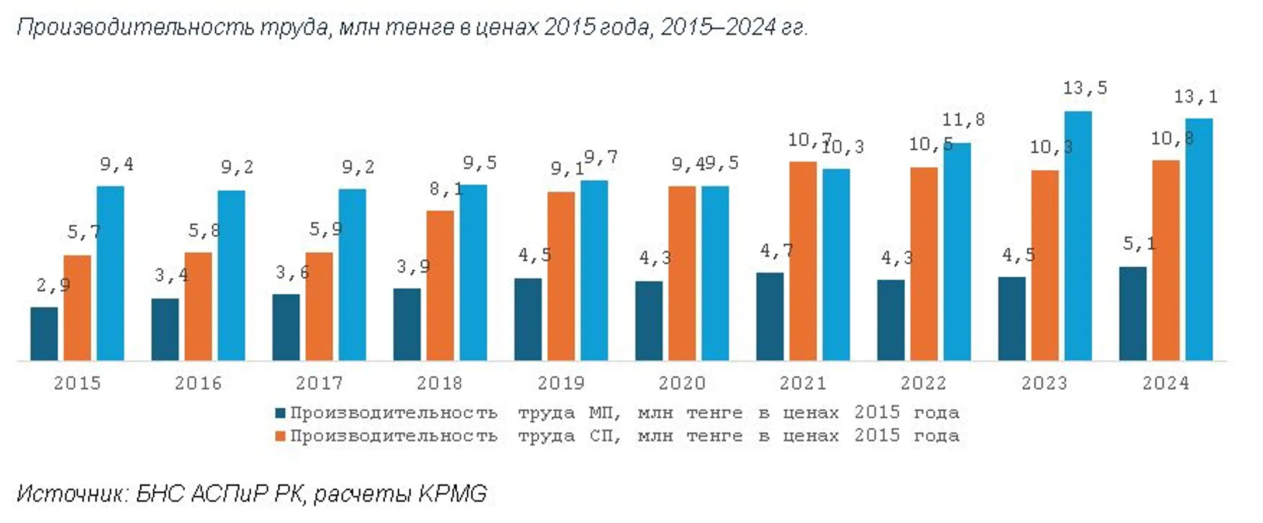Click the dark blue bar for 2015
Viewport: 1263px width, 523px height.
tap(44, 333)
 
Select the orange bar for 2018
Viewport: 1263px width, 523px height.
tap(440, 285)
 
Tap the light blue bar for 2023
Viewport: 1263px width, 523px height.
tap(1078, 236)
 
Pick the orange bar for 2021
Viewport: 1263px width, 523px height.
tap(803, 261)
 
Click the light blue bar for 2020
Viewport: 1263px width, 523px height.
tap(715, 273)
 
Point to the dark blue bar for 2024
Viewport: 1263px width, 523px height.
tap(1133, 314)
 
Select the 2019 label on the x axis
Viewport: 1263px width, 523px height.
tap(561, 383)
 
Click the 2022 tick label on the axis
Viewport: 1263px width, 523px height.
tap(923, 383)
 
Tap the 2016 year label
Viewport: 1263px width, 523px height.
tap(198, 383)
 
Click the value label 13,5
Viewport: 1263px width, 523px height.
tap(1085, 88)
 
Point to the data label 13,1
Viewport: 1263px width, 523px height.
tap(1196, 97)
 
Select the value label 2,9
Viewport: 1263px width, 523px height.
tap(53, 285)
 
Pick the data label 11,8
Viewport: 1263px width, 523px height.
tap(964, 120)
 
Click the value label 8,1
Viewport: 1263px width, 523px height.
tap(446, 189)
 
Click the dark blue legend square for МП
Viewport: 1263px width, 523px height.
tap(281, 413)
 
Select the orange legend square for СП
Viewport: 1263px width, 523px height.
tap(281, 436)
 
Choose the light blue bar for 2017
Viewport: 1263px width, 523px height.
tap(352, 275)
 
